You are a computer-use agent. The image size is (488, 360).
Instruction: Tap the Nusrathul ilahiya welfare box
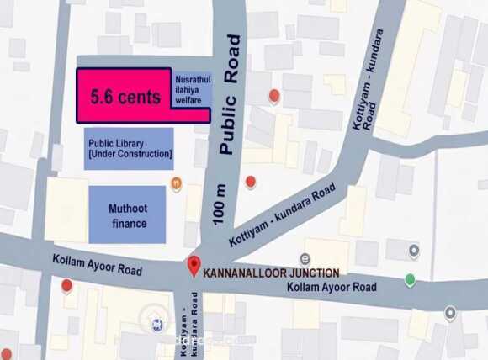click(191, 89)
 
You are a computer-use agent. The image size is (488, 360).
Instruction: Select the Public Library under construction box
click(129, 149)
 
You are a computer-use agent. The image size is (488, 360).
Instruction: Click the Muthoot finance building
click(127, 215)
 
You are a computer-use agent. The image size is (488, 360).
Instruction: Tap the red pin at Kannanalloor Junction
click(194, 267)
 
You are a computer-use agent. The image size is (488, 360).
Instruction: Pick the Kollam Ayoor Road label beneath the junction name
click(332, 288)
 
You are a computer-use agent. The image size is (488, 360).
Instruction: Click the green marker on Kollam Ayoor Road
click(410, 279)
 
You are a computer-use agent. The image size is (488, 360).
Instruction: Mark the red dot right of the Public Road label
click(273, 96)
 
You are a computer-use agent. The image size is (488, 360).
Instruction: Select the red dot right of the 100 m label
click(250, 181)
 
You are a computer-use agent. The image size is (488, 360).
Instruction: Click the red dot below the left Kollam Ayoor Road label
click(66, 285)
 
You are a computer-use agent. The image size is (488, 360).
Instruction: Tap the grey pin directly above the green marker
click(413, 250)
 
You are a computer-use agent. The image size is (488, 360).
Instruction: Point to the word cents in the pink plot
click(138, 98)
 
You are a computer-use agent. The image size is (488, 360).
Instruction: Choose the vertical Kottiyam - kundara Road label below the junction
click(192, 324)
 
